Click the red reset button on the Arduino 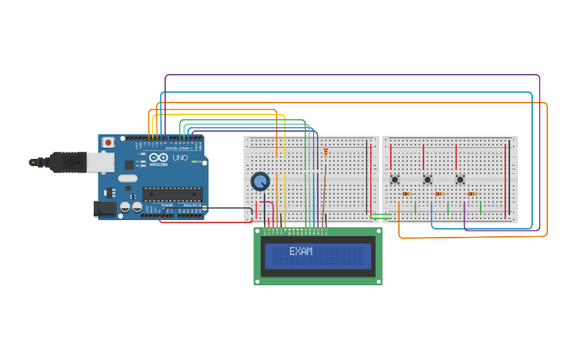[108, 142]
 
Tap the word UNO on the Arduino [180, 157]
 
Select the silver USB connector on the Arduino [99, 162]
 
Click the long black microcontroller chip [172, 193]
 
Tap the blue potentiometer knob [260, 181]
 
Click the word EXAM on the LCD [300, 251]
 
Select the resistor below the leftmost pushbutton [406, 194]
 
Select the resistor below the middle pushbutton [439, 194]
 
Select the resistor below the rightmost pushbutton [472, 194]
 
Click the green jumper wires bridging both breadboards [381, 215]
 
